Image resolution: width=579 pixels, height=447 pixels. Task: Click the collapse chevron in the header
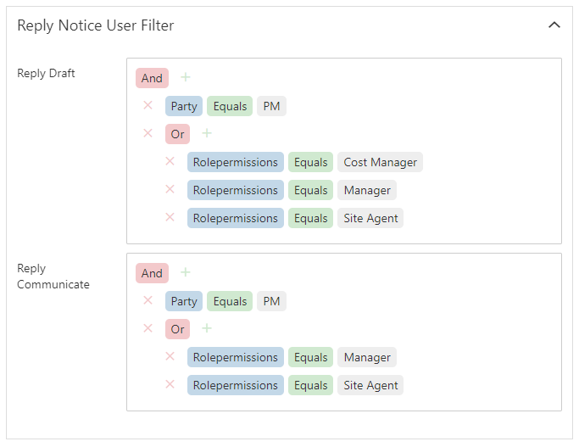[554, 25]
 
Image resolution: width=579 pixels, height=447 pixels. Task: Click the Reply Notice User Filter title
[96, 25]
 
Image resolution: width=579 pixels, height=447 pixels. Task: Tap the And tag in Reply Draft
[152, 78]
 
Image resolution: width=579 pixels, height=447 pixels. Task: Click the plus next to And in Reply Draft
[186, 77]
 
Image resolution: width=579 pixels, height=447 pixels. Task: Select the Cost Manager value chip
[380, 162]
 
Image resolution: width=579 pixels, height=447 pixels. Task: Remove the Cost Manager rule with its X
[170, 161]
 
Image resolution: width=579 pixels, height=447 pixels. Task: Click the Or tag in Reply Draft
[178, 134]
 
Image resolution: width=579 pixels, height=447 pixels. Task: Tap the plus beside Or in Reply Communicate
[207, 328]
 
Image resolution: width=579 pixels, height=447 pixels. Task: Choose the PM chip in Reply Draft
[271, 106]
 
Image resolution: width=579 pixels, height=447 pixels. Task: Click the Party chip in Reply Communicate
[184, 301]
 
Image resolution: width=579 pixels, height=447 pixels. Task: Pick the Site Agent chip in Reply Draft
[370, 218]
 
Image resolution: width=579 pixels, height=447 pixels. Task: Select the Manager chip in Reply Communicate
[367, 357]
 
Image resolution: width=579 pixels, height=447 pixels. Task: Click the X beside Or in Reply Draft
[148, 133]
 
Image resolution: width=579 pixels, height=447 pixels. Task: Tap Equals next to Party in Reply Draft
[230, 106]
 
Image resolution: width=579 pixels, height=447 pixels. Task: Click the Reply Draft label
[46, 73]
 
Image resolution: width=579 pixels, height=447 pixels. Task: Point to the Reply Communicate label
[53, 277]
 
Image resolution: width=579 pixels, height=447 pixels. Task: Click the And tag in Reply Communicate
[152, 273]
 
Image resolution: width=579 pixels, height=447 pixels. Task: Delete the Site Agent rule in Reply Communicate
[170, 384]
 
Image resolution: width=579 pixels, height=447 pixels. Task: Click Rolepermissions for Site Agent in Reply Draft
[236, 218]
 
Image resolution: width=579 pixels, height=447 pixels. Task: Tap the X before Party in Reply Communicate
[148, 300]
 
